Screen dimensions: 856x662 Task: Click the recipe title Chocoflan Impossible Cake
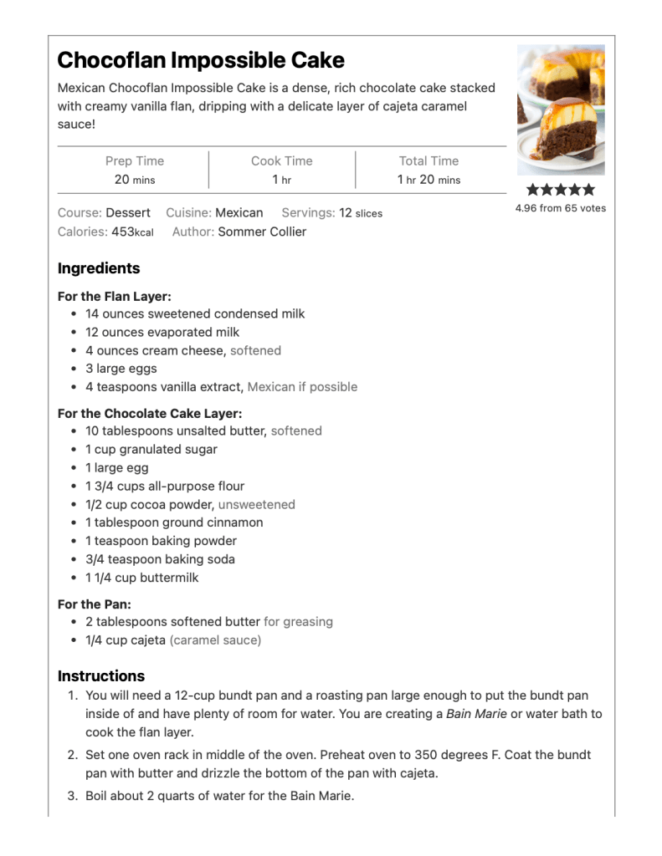[201, 60]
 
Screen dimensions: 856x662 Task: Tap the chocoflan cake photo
[560, 110]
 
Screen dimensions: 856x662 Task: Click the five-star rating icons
[560, 190]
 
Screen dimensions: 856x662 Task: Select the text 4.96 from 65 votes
[560, 208]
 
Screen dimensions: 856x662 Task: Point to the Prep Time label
[135, 161]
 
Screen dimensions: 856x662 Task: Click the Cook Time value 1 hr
[281, 180]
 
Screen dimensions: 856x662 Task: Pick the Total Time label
[429, 161]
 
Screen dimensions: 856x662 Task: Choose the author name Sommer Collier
[262, 232]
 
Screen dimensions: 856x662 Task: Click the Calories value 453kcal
[132, 232]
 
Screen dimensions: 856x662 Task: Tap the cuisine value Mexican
[239, 213]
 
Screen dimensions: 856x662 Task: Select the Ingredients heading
[99, 268]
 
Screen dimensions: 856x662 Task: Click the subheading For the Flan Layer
[115, 296]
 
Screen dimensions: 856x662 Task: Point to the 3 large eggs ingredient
[121, 369]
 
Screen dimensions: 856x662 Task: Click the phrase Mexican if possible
[302, 387]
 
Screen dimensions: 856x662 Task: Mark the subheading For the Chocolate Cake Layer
[150, 413]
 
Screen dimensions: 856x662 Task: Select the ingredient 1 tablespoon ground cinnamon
[174, 522]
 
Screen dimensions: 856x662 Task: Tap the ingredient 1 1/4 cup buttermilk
[141, 578]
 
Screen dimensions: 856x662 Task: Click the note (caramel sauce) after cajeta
[215, 640]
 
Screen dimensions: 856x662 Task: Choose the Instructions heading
[101, 675]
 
